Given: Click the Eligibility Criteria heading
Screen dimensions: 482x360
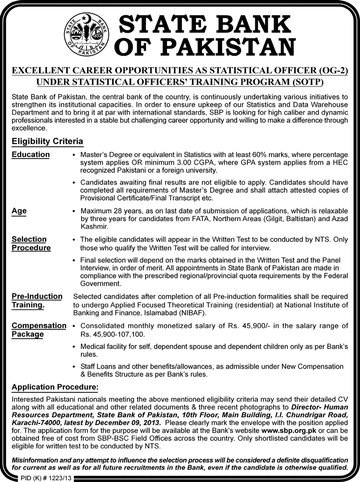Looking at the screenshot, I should tap(47, 141).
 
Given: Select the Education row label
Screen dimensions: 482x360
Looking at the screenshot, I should tap(31, 154).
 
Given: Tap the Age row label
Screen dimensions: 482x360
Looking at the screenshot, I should tap(19, 211).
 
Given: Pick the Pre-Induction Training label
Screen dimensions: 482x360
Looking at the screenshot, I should tap(37, 301).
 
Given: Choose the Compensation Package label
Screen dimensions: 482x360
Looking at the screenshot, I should tap(39, 330).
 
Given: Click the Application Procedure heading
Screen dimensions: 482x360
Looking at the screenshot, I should tap(55, 387).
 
